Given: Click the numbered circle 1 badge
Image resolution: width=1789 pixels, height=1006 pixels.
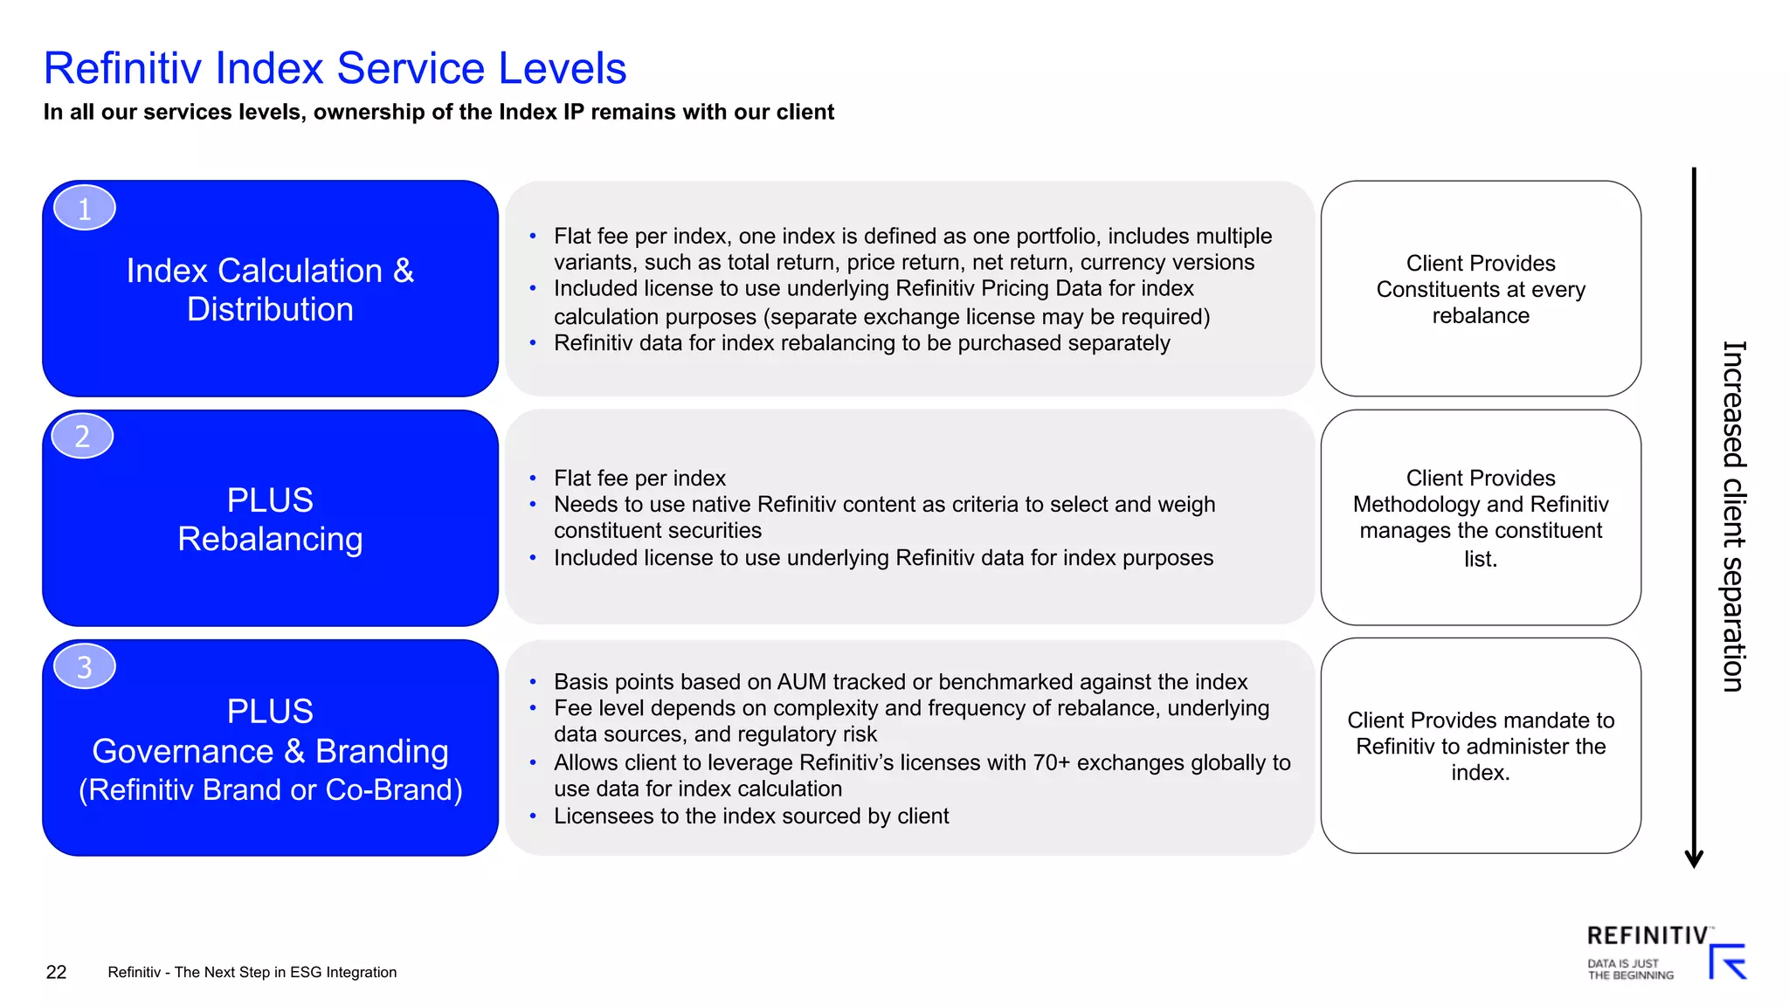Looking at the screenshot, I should click(85, 209).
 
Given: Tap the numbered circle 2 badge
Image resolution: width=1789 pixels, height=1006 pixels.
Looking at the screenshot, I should click(82, 436).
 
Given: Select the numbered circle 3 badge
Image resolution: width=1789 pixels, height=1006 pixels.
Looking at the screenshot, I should click(85, 667).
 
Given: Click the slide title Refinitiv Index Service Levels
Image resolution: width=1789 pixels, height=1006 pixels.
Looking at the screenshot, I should click(335, 68).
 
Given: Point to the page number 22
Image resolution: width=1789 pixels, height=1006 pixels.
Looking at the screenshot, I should click(56, 972).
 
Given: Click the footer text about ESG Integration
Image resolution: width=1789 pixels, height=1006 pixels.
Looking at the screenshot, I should click(252, 972).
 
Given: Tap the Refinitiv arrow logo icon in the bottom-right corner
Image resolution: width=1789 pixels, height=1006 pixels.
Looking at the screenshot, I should click(1727, 961).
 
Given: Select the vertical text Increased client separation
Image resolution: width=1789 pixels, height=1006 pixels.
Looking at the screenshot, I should click(1733, 515).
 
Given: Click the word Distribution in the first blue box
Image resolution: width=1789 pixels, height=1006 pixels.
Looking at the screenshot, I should click(270, 309).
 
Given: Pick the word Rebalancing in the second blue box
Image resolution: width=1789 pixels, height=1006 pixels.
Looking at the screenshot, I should click(270, 539).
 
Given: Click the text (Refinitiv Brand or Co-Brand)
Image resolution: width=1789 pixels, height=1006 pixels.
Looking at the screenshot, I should click(270, 789).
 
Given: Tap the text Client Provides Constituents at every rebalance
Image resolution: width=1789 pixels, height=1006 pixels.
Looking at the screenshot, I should click(1481, 289).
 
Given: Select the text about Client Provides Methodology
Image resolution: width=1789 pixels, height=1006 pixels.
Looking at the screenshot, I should click(1481, 518).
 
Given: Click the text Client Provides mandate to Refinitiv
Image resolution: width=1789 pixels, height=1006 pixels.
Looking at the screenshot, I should click(1481, 746).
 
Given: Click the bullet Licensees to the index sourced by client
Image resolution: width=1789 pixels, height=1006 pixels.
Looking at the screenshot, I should click(750, 816).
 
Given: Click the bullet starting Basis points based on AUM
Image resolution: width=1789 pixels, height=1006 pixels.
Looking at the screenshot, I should click(900, 681).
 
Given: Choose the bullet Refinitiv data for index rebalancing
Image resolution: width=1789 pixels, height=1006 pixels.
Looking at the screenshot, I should click(861, 343).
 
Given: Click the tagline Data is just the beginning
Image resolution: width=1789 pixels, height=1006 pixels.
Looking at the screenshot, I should click(1630, 969).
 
